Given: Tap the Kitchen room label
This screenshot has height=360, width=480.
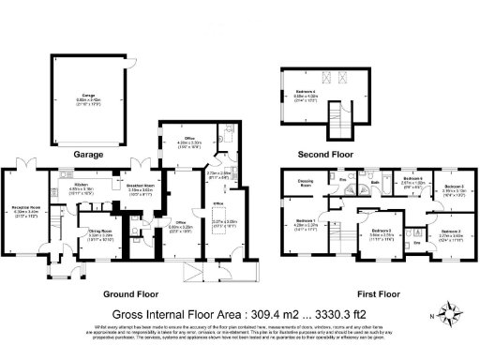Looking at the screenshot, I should (82, 185).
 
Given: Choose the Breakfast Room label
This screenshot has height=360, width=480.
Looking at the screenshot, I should (141, 186).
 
